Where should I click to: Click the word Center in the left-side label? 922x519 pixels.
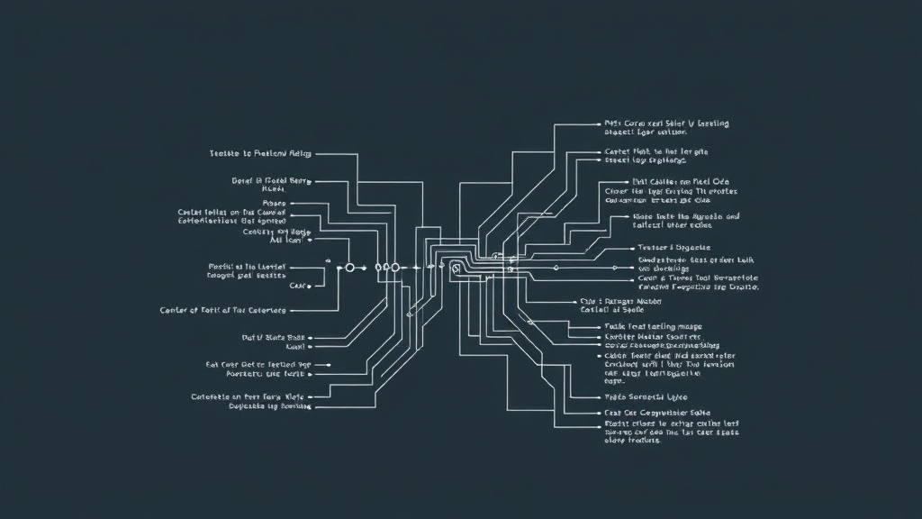coord(177,310)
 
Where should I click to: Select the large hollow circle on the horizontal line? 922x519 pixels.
coord(350,268)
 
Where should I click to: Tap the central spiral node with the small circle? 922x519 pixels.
coord(456,268)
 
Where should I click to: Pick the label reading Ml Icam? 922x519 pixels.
coord(287,241)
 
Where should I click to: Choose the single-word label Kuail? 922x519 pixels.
coord(296,346)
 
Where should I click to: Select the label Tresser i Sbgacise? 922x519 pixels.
coord(673,247)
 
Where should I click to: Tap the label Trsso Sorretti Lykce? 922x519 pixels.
coord(646,396)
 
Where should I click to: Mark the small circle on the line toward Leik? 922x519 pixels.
coord(556,268)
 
